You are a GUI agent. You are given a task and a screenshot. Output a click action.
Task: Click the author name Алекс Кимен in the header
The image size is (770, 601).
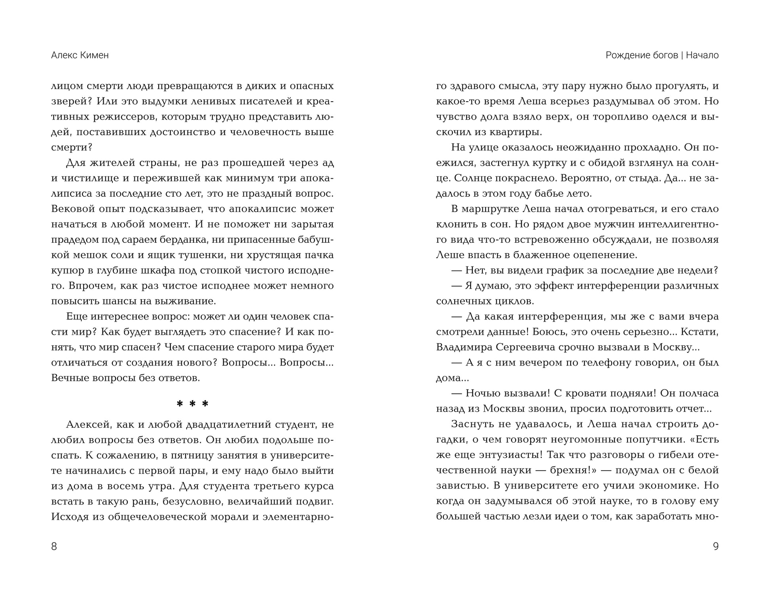pyautogui.click(x=80, y=55)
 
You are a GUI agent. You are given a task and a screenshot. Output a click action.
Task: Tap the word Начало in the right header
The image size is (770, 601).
pyautogui.click(x=702, y=55)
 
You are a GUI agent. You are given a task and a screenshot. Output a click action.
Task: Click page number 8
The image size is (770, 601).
pyautogui.click(x=54, y=546)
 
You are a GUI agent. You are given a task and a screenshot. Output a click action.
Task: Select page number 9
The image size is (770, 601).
pyautogui.click(x=715, y=546)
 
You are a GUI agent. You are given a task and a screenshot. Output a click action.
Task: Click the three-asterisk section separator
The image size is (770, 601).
pyautogui.click(x=192, y=404)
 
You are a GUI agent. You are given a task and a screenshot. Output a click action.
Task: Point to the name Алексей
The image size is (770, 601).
pyautogui.click(x=87, y=425)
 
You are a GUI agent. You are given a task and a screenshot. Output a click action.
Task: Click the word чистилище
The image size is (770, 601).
pyautogui.click(x=91, y=178)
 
